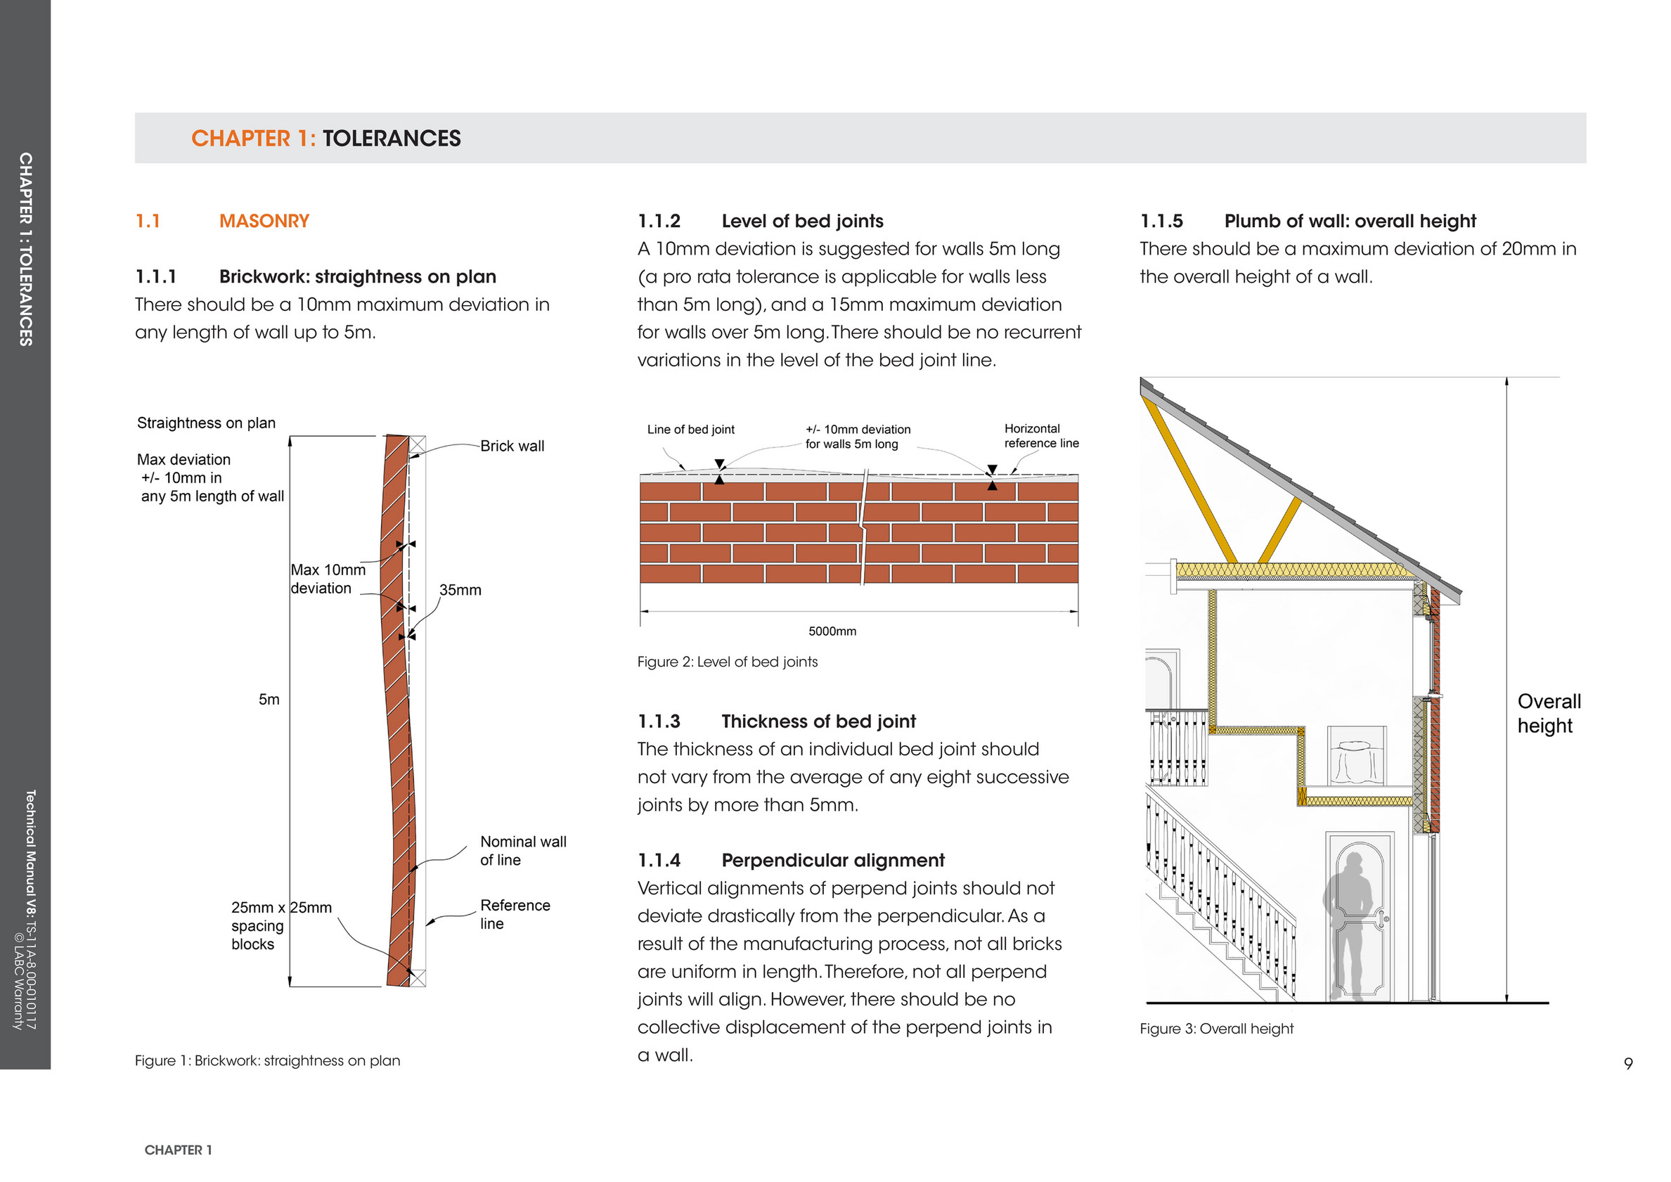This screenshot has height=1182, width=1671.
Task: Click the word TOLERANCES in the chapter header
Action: [x=391, y=139]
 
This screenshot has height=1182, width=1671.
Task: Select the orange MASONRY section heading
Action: [x=264, y=221]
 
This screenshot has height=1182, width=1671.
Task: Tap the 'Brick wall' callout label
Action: [x=512, y=447]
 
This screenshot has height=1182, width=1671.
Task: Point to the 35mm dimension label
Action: [x=460, y=590]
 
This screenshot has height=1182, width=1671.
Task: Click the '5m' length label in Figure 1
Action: [x=269, y=700]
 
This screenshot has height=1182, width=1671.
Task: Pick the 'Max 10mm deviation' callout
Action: [x=328, y=579]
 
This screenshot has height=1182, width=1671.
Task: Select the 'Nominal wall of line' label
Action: [x=522, y=851]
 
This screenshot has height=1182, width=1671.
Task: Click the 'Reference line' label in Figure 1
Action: [x=515, y=914]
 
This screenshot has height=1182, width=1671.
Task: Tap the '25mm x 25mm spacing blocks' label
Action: [x=280, y=926]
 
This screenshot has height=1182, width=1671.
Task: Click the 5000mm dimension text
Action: [x=832, y=631]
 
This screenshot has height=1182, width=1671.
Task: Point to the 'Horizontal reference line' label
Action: [x=1040, y=436]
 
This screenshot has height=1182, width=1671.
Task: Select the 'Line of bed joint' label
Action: [x=690, y=430]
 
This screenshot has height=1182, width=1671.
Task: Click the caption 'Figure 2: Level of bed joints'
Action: [x=727, y=662]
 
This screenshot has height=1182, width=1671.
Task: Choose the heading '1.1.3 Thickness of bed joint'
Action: [x=776, y=721]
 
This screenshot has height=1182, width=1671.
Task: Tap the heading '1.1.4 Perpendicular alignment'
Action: [x=790, y=860]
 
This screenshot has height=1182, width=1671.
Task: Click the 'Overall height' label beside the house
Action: [x=1548, y=713]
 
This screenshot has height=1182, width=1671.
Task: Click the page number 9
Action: [x=1628, y=1063]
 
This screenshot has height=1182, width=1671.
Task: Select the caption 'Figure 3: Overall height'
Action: [x=1216, y=1029]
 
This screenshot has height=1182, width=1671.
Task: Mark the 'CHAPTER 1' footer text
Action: [x=179, y=1150]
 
